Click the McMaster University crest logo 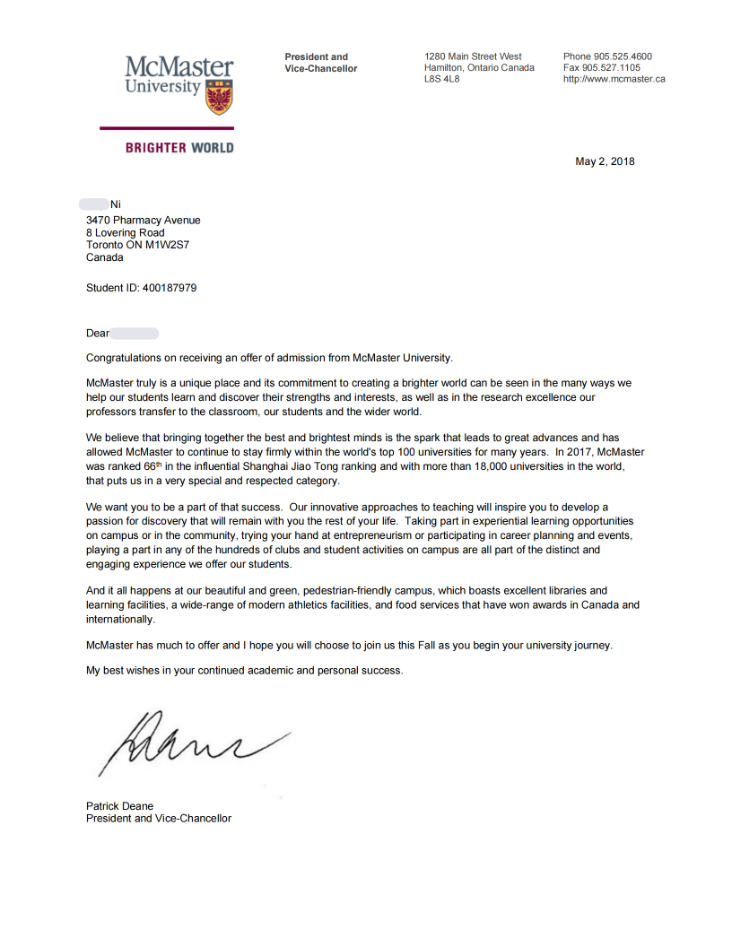(219, 97)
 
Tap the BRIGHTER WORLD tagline (179, 148)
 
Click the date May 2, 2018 (605, 161)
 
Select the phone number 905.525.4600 (623, 56)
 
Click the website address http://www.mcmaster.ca (614, 79)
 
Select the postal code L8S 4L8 (442, 79)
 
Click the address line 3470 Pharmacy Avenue (144, 220)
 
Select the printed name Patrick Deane (119, 806)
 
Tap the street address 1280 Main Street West (473, 56)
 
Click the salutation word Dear (98, 333)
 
